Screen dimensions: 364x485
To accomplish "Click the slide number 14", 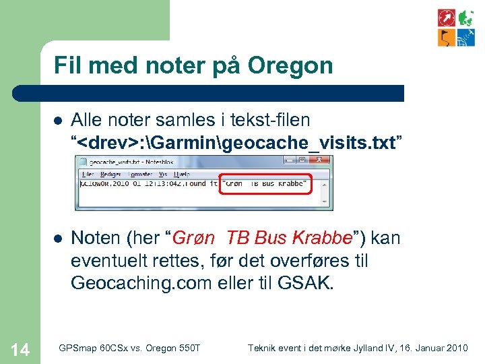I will [20, 348].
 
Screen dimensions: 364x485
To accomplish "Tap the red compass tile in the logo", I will [446, 18].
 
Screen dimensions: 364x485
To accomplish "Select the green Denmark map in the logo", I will [466, 18].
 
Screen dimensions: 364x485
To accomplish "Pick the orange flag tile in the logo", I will [446, 37].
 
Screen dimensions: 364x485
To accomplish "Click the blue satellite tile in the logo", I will [466, 37].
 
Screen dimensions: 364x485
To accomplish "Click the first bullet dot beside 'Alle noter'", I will [58, 121].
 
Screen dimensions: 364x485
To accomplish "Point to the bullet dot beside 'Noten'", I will [58, 239].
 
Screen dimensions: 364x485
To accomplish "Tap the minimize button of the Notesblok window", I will [290, 161].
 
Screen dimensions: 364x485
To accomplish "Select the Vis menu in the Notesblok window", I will [162, 173].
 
